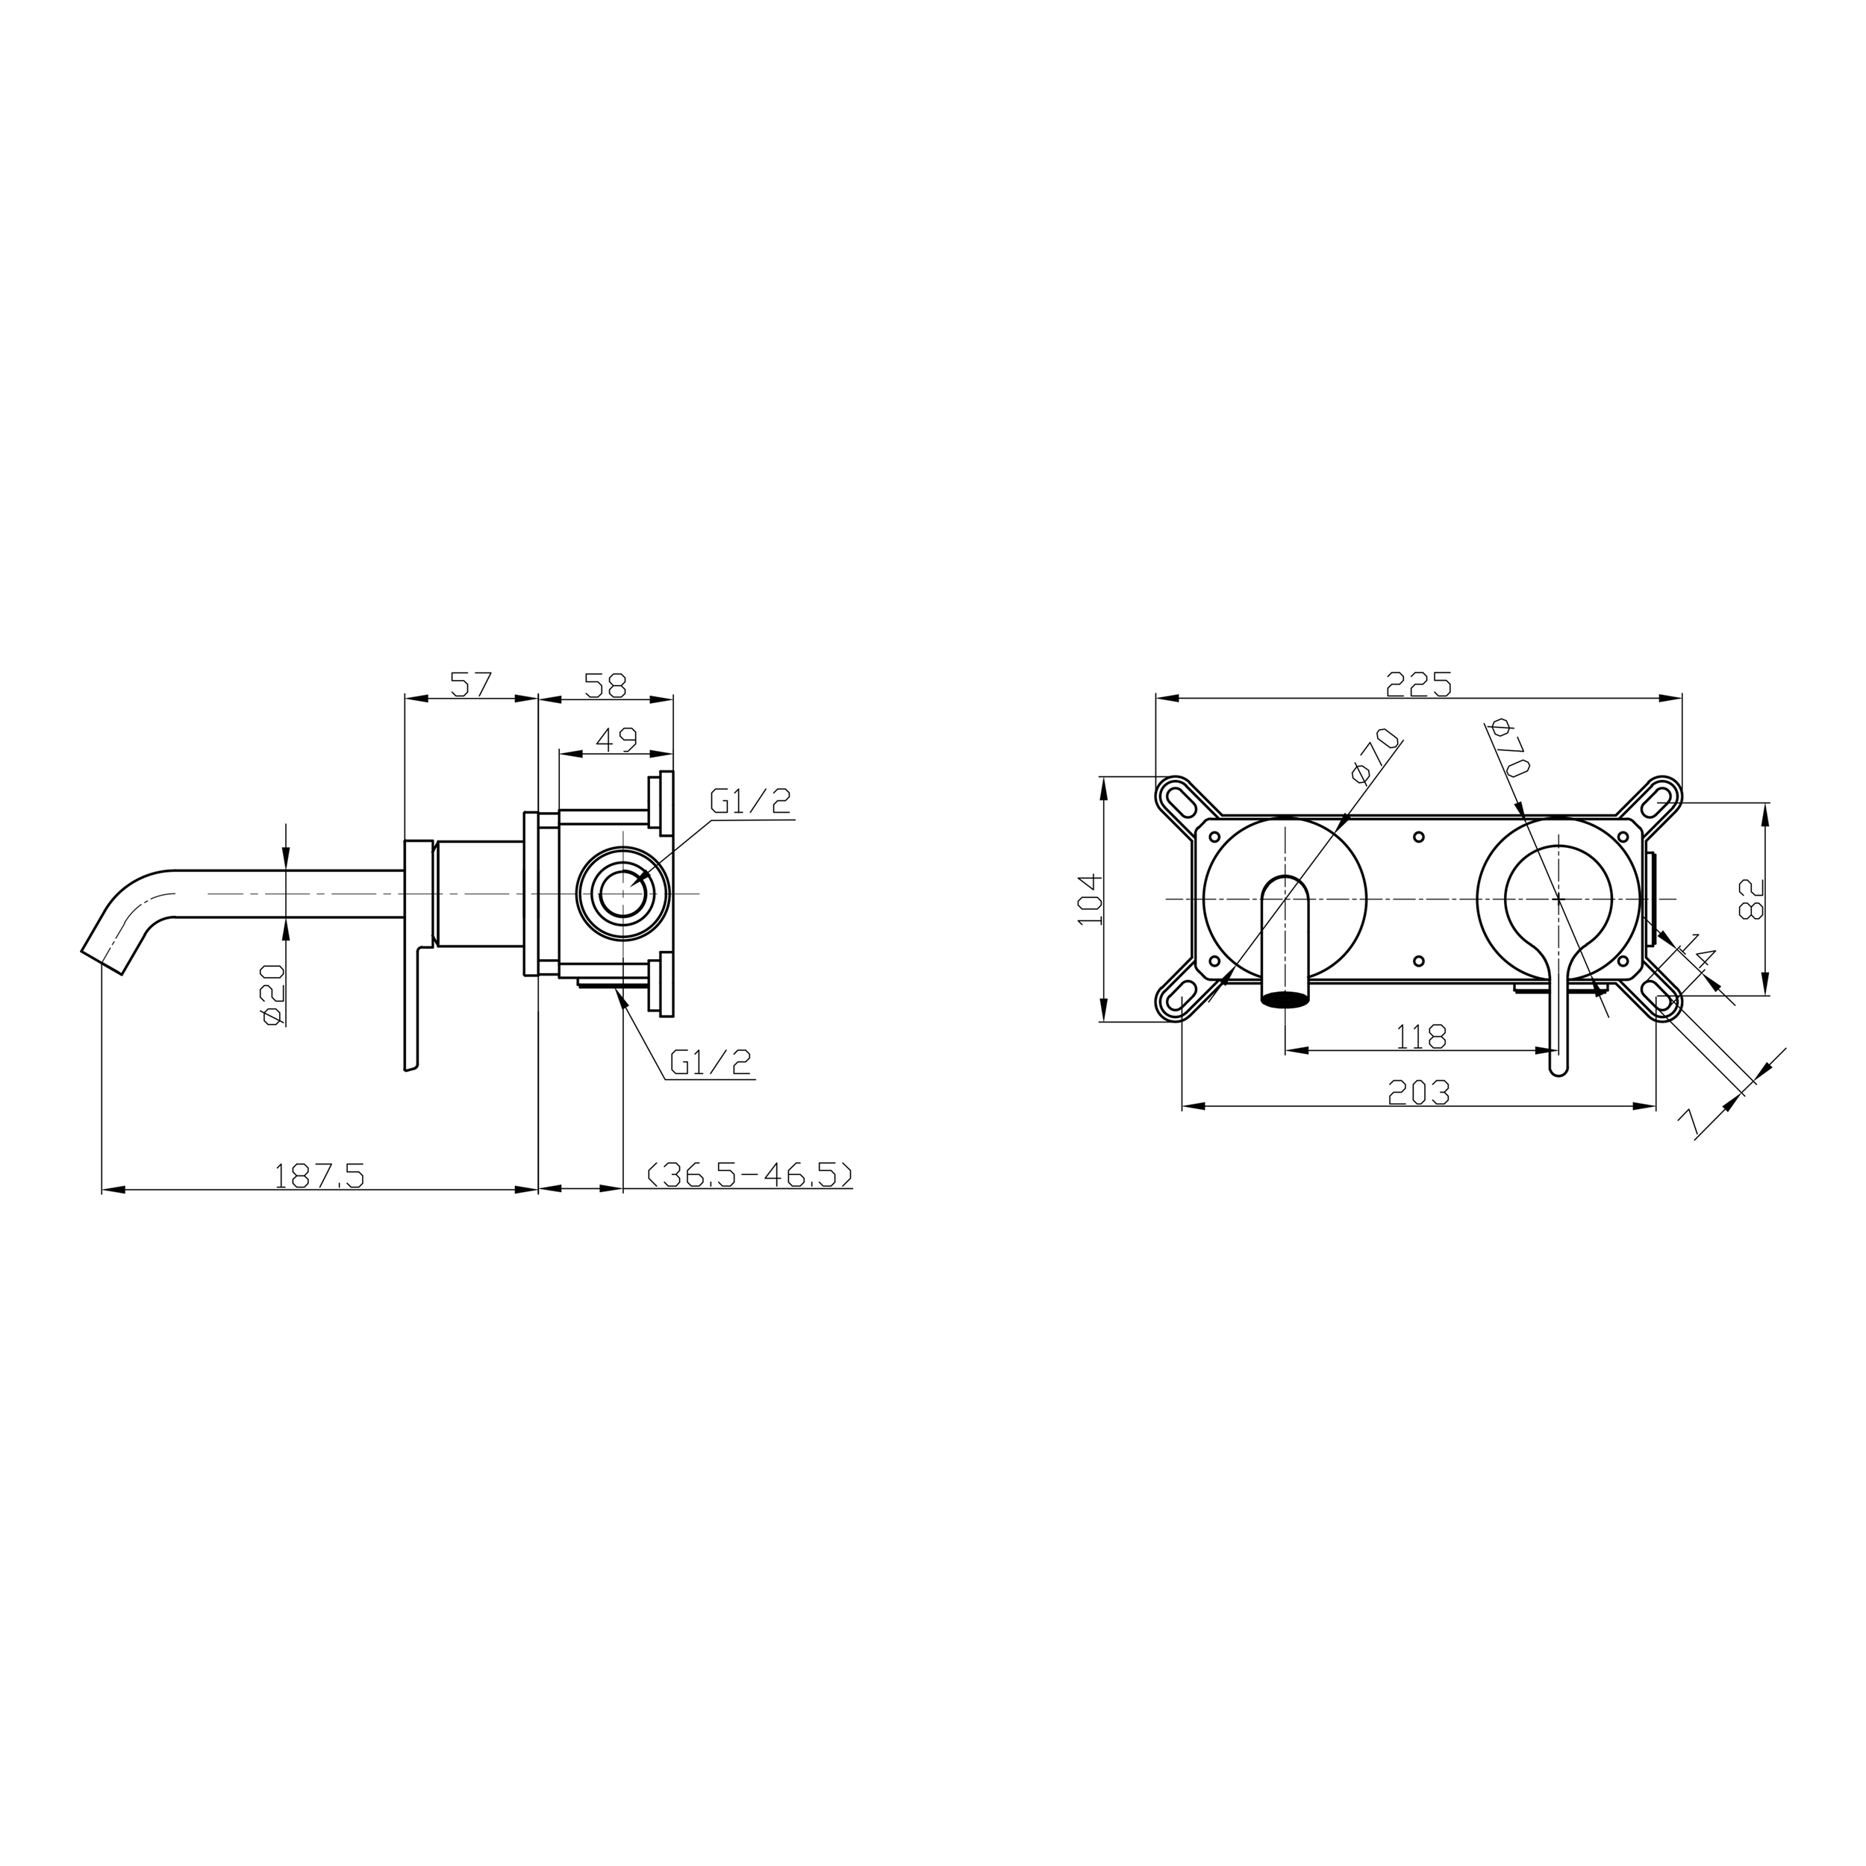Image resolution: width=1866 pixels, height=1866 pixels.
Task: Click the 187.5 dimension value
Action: [x=319, y=1176]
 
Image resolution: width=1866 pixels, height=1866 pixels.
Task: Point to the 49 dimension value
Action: [x=617, y=740]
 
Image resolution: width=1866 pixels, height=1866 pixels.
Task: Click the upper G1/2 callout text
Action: [x=750, y=802]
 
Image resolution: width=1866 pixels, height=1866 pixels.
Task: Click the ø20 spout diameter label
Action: [x=272, y=995]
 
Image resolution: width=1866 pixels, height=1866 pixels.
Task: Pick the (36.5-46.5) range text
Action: [x=749, y=1176]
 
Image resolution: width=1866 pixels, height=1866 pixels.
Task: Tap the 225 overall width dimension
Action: [x=1419, y=684]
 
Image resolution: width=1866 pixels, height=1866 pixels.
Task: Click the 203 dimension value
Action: [x=1419, y=1093]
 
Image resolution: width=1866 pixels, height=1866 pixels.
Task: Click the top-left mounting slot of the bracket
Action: [x=1182, y=798]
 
